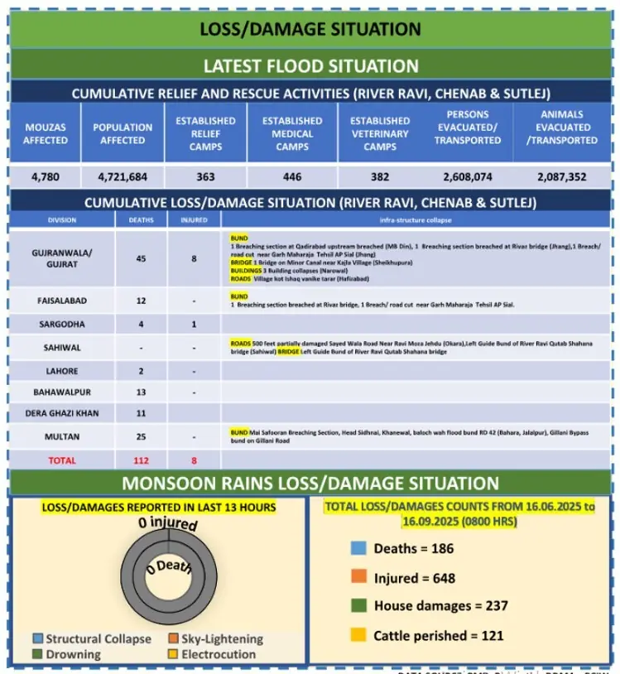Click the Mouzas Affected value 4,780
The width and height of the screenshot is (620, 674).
click(x=46, y=176)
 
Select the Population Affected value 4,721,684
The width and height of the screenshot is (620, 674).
click(x=122, y=176)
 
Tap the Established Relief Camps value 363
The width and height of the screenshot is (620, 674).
click(x=205, y=176)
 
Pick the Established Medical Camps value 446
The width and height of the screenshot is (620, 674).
click(x=292, y=176)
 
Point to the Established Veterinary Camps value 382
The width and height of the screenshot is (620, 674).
click(x=379, y=176)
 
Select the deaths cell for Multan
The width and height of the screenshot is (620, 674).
click(x=142, y=436)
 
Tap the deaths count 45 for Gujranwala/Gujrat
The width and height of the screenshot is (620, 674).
click(x=142, y=258)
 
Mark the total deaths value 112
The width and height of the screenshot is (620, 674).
click(x=142, y=460)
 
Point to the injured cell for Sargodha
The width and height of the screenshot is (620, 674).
click(x=194, y=325)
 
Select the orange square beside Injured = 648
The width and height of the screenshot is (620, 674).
click(x=358, y=578)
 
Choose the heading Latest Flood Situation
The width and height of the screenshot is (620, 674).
click(x=310, y=65)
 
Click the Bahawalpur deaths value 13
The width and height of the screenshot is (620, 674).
click(x=142, y=391)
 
